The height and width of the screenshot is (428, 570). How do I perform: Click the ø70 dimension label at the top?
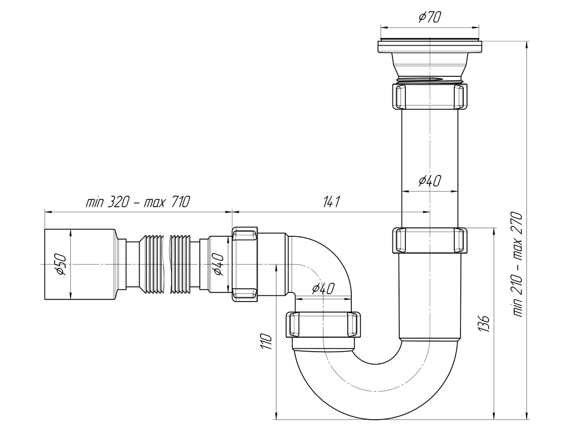click(x=429, y=17)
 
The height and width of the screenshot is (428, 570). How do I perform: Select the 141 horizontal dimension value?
click(x=332, y=201)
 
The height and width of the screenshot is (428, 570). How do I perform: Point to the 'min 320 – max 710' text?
click(x=138, y=201)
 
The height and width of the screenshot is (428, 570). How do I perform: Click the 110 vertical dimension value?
click(x=267, y=342)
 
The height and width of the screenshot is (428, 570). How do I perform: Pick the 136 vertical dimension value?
click(x=485, y=323)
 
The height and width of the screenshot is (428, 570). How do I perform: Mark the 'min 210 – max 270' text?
click(x=517, y=265)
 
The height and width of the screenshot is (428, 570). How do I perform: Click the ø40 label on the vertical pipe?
click(x=430, y=181)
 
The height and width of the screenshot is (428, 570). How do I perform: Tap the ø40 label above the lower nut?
click(x=323, y=289)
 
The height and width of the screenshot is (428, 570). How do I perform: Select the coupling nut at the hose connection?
click(x=245, y=265)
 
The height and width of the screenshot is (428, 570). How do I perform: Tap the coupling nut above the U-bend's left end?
click(x=325, y=325)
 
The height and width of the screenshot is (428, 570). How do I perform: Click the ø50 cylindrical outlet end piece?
click(x=80, y=265)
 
